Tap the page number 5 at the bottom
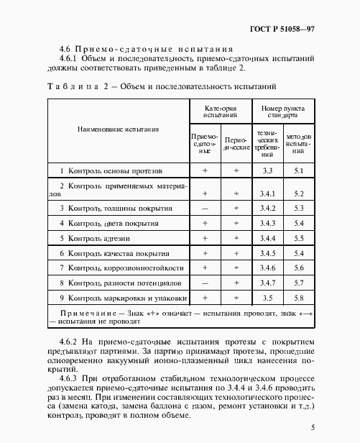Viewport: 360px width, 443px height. click(x=313, y=429)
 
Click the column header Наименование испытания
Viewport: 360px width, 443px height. click(x=119, y=129)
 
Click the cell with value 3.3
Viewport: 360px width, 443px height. click(x=268, y=170)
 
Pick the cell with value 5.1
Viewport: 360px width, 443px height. click(x=300, y=170)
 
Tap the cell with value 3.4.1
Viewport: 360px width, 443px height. click(x=268, y=193)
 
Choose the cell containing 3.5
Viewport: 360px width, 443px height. click(x=268, y=297)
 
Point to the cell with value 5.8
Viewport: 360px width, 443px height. click(x=300, y=297)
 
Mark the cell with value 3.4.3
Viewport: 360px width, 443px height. click(x=268, y=223)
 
